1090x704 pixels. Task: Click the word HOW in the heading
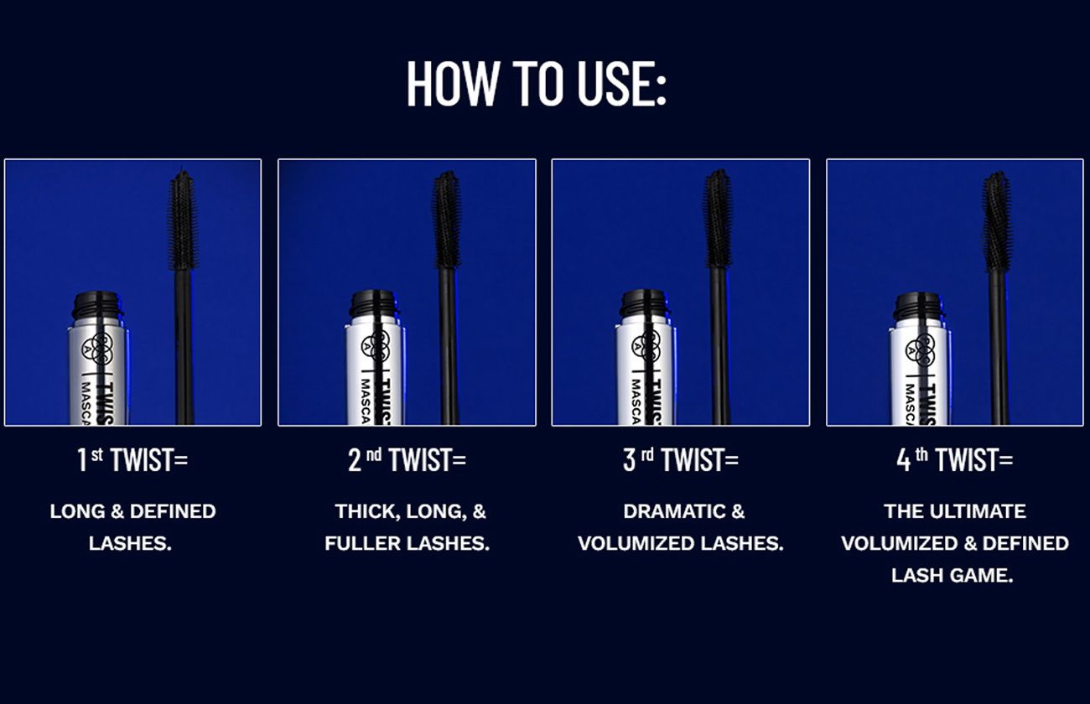[453, 83]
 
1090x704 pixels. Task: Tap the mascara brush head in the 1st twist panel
[183, 220]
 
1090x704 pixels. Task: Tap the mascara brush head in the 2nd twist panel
[448, 219]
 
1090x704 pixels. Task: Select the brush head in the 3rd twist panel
[718, 218]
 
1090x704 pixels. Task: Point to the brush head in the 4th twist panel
[998, 221]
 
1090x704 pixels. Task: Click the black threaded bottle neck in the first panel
[97, 306]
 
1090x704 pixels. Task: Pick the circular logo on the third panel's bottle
[646, 346]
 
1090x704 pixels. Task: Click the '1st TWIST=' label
[132, 460]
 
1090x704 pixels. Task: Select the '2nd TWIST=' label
[407, 460]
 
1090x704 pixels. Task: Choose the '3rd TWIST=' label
[680, 460]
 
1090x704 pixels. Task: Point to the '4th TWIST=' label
[955, 460]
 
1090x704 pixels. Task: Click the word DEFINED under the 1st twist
[173, 511]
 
